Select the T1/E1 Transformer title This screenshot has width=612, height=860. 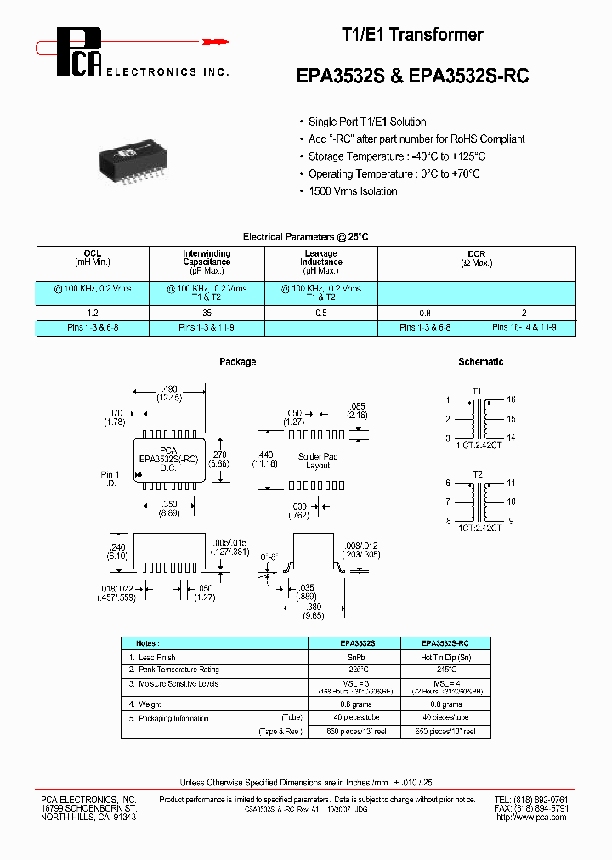point(412,35)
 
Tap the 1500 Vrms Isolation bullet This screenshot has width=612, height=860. point(352,191)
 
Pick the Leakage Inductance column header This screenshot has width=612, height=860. point(320,258)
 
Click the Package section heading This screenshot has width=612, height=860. point(237,362)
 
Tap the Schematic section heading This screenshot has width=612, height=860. point(480,362)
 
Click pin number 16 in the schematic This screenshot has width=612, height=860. point(511,399)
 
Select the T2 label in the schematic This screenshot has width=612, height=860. point(477,473)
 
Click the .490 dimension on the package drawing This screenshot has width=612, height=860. point(170,388)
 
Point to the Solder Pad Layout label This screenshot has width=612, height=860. point(319,461)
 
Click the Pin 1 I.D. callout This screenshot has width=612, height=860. point(110,478)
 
